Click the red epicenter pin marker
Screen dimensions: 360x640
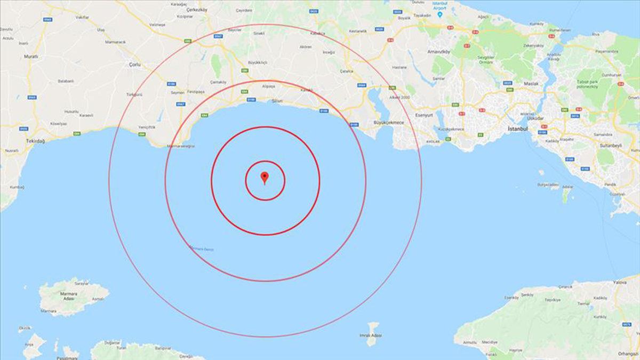[264, 178]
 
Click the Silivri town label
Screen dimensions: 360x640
[277, 100]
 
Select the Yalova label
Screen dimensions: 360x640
[619, 282]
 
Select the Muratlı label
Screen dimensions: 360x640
[31, 56]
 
